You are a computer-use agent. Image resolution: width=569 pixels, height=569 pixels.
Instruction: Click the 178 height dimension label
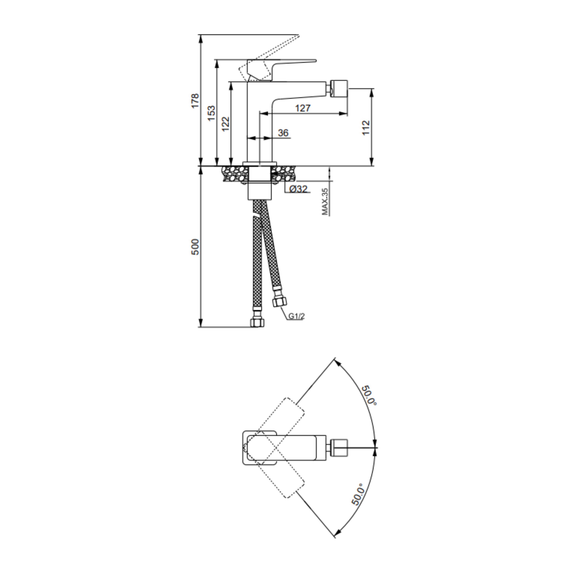(195, 101)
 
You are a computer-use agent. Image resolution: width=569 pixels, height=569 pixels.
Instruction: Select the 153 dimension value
(212, 113)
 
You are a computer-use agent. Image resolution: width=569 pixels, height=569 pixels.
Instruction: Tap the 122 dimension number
(226, 124)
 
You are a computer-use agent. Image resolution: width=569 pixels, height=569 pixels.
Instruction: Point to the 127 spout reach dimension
(303, 108)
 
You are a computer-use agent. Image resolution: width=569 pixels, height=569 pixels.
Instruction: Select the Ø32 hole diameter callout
(298, 189)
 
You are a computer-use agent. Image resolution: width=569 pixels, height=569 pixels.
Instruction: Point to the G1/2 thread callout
(296, 316)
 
